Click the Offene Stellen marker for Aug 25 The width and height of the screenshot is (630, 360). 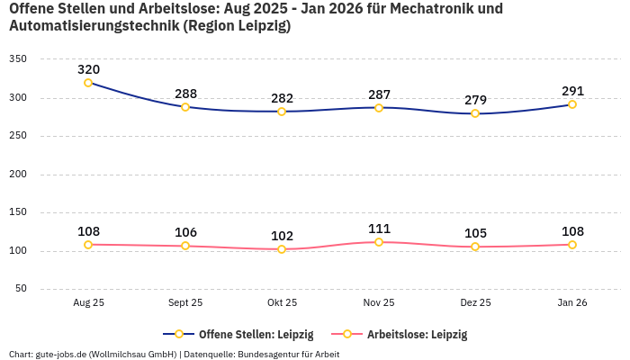88,83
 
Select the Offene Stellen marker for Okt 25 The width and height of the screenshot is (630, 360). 282,112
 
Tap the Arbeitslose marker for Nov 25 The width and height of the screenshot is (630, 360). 379,242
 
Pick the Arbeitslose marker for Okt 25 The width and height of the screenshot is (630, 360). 282,249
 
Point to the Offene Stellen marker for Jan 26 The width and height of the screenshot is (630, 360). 572,104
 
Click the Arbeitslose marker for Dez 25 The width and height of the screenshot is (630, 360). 475,247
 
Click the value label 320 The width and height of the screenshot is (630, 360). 88,69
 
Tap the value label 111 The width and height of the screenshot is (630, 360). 379,229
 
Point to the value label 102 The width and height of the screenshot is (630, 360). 282,236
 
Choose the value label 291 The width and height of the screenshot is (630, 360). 572,91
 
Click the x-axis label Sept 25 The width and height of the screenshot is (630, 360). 185,303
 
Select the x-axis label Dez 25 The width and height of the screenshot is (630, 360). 475,303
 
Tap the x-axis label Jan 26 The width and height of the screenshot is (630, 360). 572,303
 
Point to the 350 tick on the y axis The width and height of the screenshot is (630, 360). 18,59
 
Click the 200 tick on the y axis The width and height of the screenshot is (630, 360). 18,175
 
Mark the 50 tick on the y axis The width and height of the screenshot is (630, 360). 21,290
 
